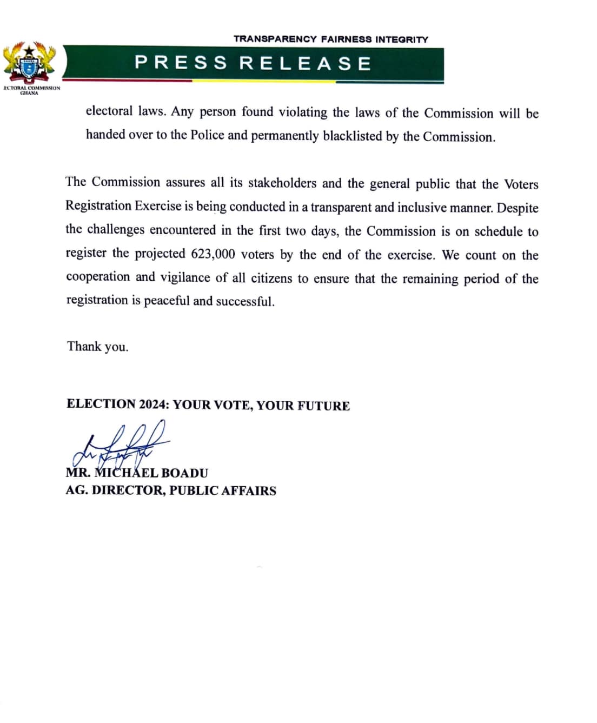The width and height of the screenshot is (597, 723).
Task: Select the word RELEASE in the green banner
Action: click(306, 63)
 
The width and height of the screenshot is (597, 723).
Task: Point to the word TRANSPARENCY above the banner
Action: click(275, 39)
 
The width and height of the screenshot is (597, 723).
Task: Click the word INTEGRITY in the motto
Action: click(402, 39)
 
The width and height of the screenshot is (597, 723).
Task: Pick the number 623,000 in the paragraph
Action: click(213, 254)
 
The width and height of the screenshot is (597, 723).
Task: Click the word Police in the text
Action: click(207, 135)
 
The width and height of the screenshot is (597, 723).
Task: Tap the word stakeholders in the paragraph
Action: click(282, 183)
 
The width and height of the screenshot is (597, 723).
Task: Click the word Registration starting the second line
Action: click(98, 206)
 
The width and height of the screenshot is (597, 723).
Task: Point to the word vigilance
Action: click(185, 277)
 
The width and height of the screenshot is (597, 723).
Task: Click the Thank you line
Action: click(97, 346)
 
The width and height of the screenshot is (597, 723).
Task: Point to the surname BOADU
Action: click(184, 473)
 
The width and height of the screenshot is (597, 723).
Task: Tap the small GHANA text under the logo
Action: click(29, 93)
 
